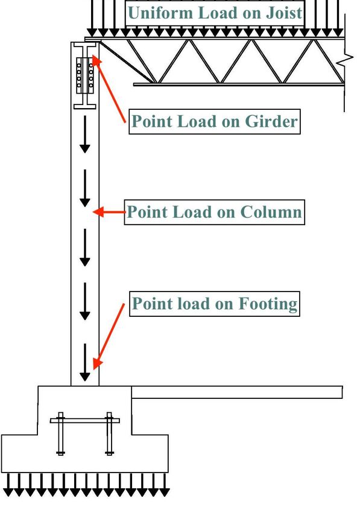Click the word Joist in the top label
click(x=284, y=13)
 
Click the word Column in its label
click(x=271, y=212)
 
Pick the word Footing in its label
click(x=268, y=304)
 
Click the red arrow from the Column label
click(x=109, y=212)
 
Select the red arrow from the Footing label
click(x=109, y=336)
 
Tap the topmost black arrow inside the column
click(x=85, y=134)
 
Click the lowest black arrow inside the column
click(x=85, y=362)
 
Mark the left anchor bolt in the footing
click(x=60, y=433)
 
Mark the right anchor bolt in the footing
click(x=109, y=433)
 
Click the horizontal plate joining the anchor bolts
click(x=84, y=421)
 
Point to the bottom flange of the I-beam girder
click(x=84, y=106)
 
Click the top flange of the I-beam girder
click(x=84, y=44)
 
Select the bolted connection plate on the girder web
click(x=85, y=75)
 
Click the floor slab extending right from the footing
click(x=237, y=392)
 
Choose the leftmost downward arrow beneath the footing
click(x=8, y=484)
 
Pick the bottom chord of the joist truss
click(x=239, y=84)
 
